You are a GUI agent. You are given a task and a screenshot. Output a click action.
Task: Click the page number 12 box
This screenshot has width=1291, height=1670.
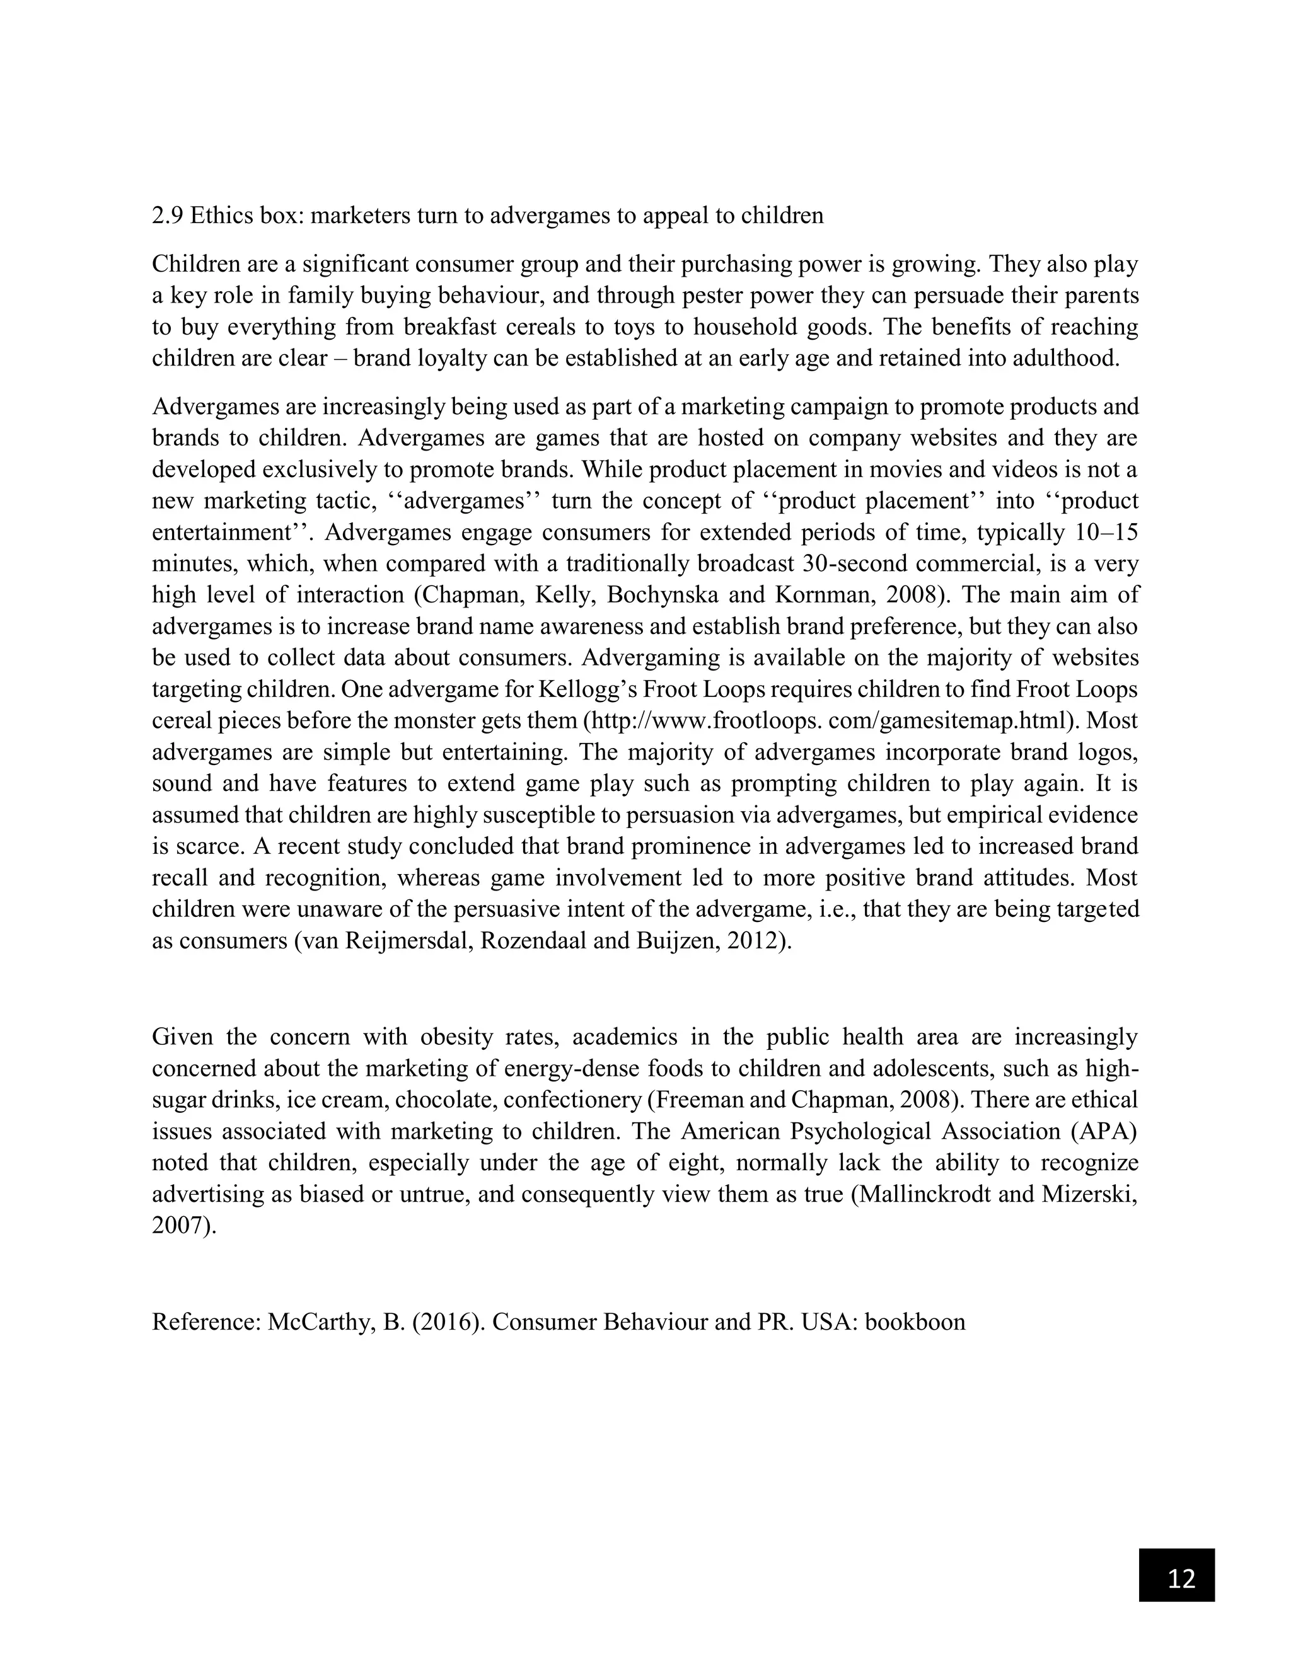pos(1176,1574)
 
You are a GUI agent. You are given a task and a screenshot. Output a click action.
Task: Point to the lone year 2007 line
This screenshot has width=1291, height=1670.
pos(183,1225)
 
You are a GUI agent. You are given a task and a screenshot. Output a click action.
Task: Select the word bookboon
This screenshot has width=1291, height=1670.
pos(915,1322)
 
